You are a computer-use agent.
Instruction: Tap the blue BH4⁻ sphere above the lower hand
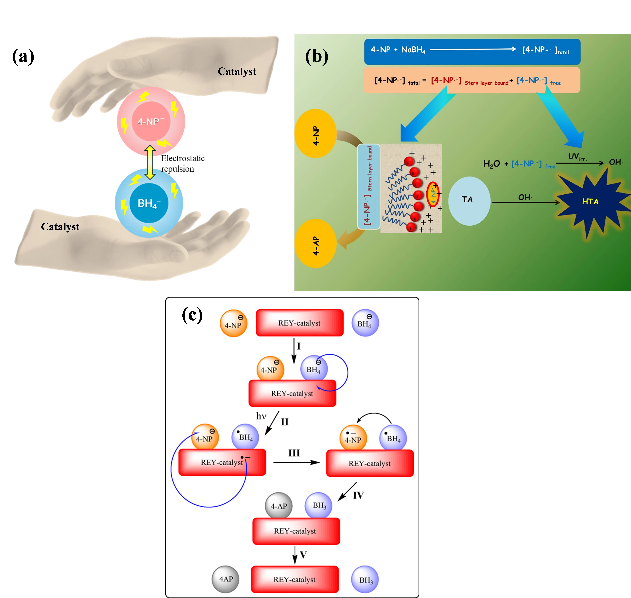pos(149,203)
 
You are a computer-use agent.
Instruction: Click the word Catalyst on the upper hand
pos(237,71)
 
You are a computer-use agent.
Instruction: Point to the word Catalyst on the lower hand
pos(60,227)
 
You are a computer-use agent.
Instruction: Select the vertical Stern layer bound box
pos(369,187)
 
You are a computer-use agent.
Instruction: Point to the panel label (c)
pos(192,315)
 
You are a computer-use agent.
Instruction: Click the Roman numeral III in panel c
pos(294,453)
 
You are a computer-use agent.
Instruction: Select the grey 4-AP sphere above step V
pos(279,506)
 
